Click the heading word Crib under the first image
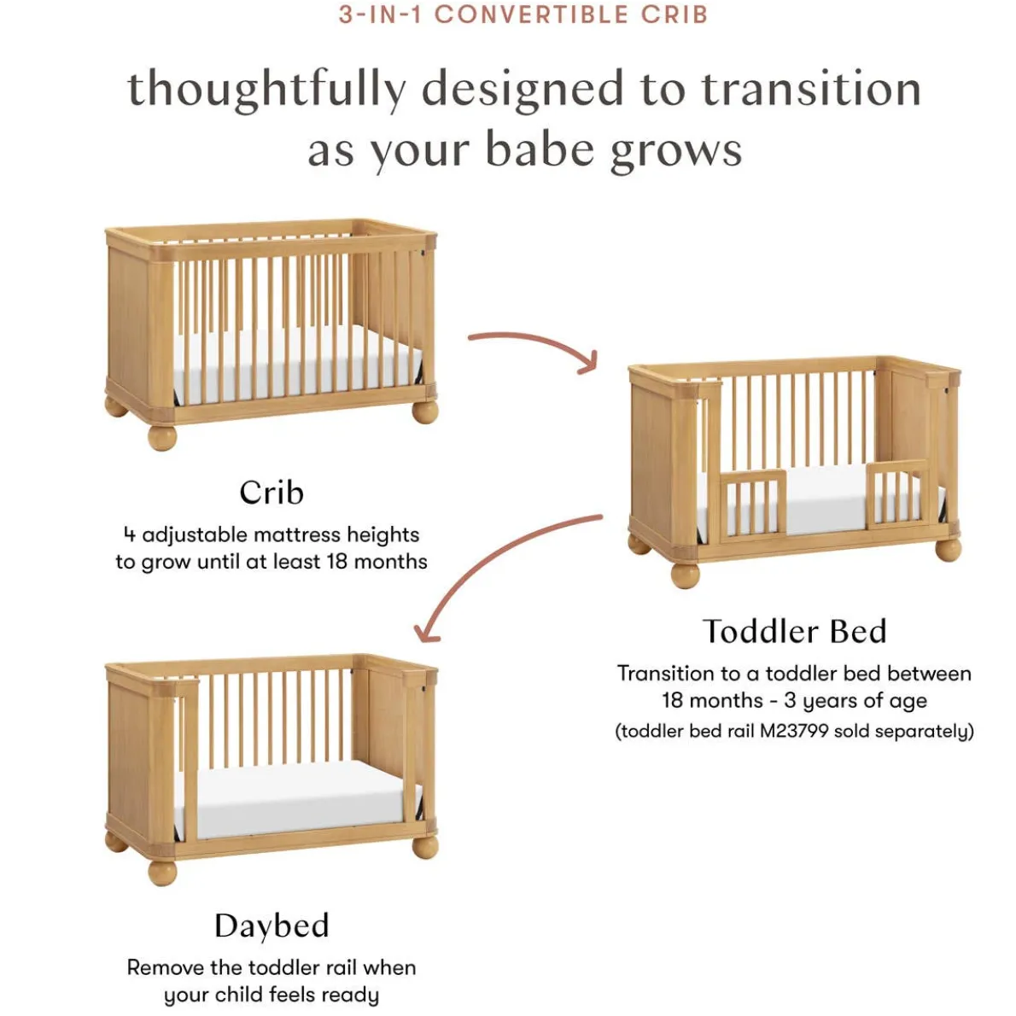point(272,493)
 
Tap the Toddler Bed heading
point(794,631)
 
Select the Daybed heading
point(272,925)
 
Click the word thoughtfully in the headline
point(267,90)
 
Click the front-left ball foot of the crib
point(162,437)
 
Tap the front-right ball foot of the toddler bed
point(949,550)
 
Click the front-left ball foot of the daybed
point(162,872)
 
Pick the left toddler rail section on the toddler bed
point(753,503)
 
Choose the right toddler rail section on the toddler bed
point(896,493)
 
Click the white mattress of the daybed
point(298,800)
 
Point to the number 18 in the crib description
point(337,561)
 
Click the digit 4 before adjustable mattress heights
point(130,534)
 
